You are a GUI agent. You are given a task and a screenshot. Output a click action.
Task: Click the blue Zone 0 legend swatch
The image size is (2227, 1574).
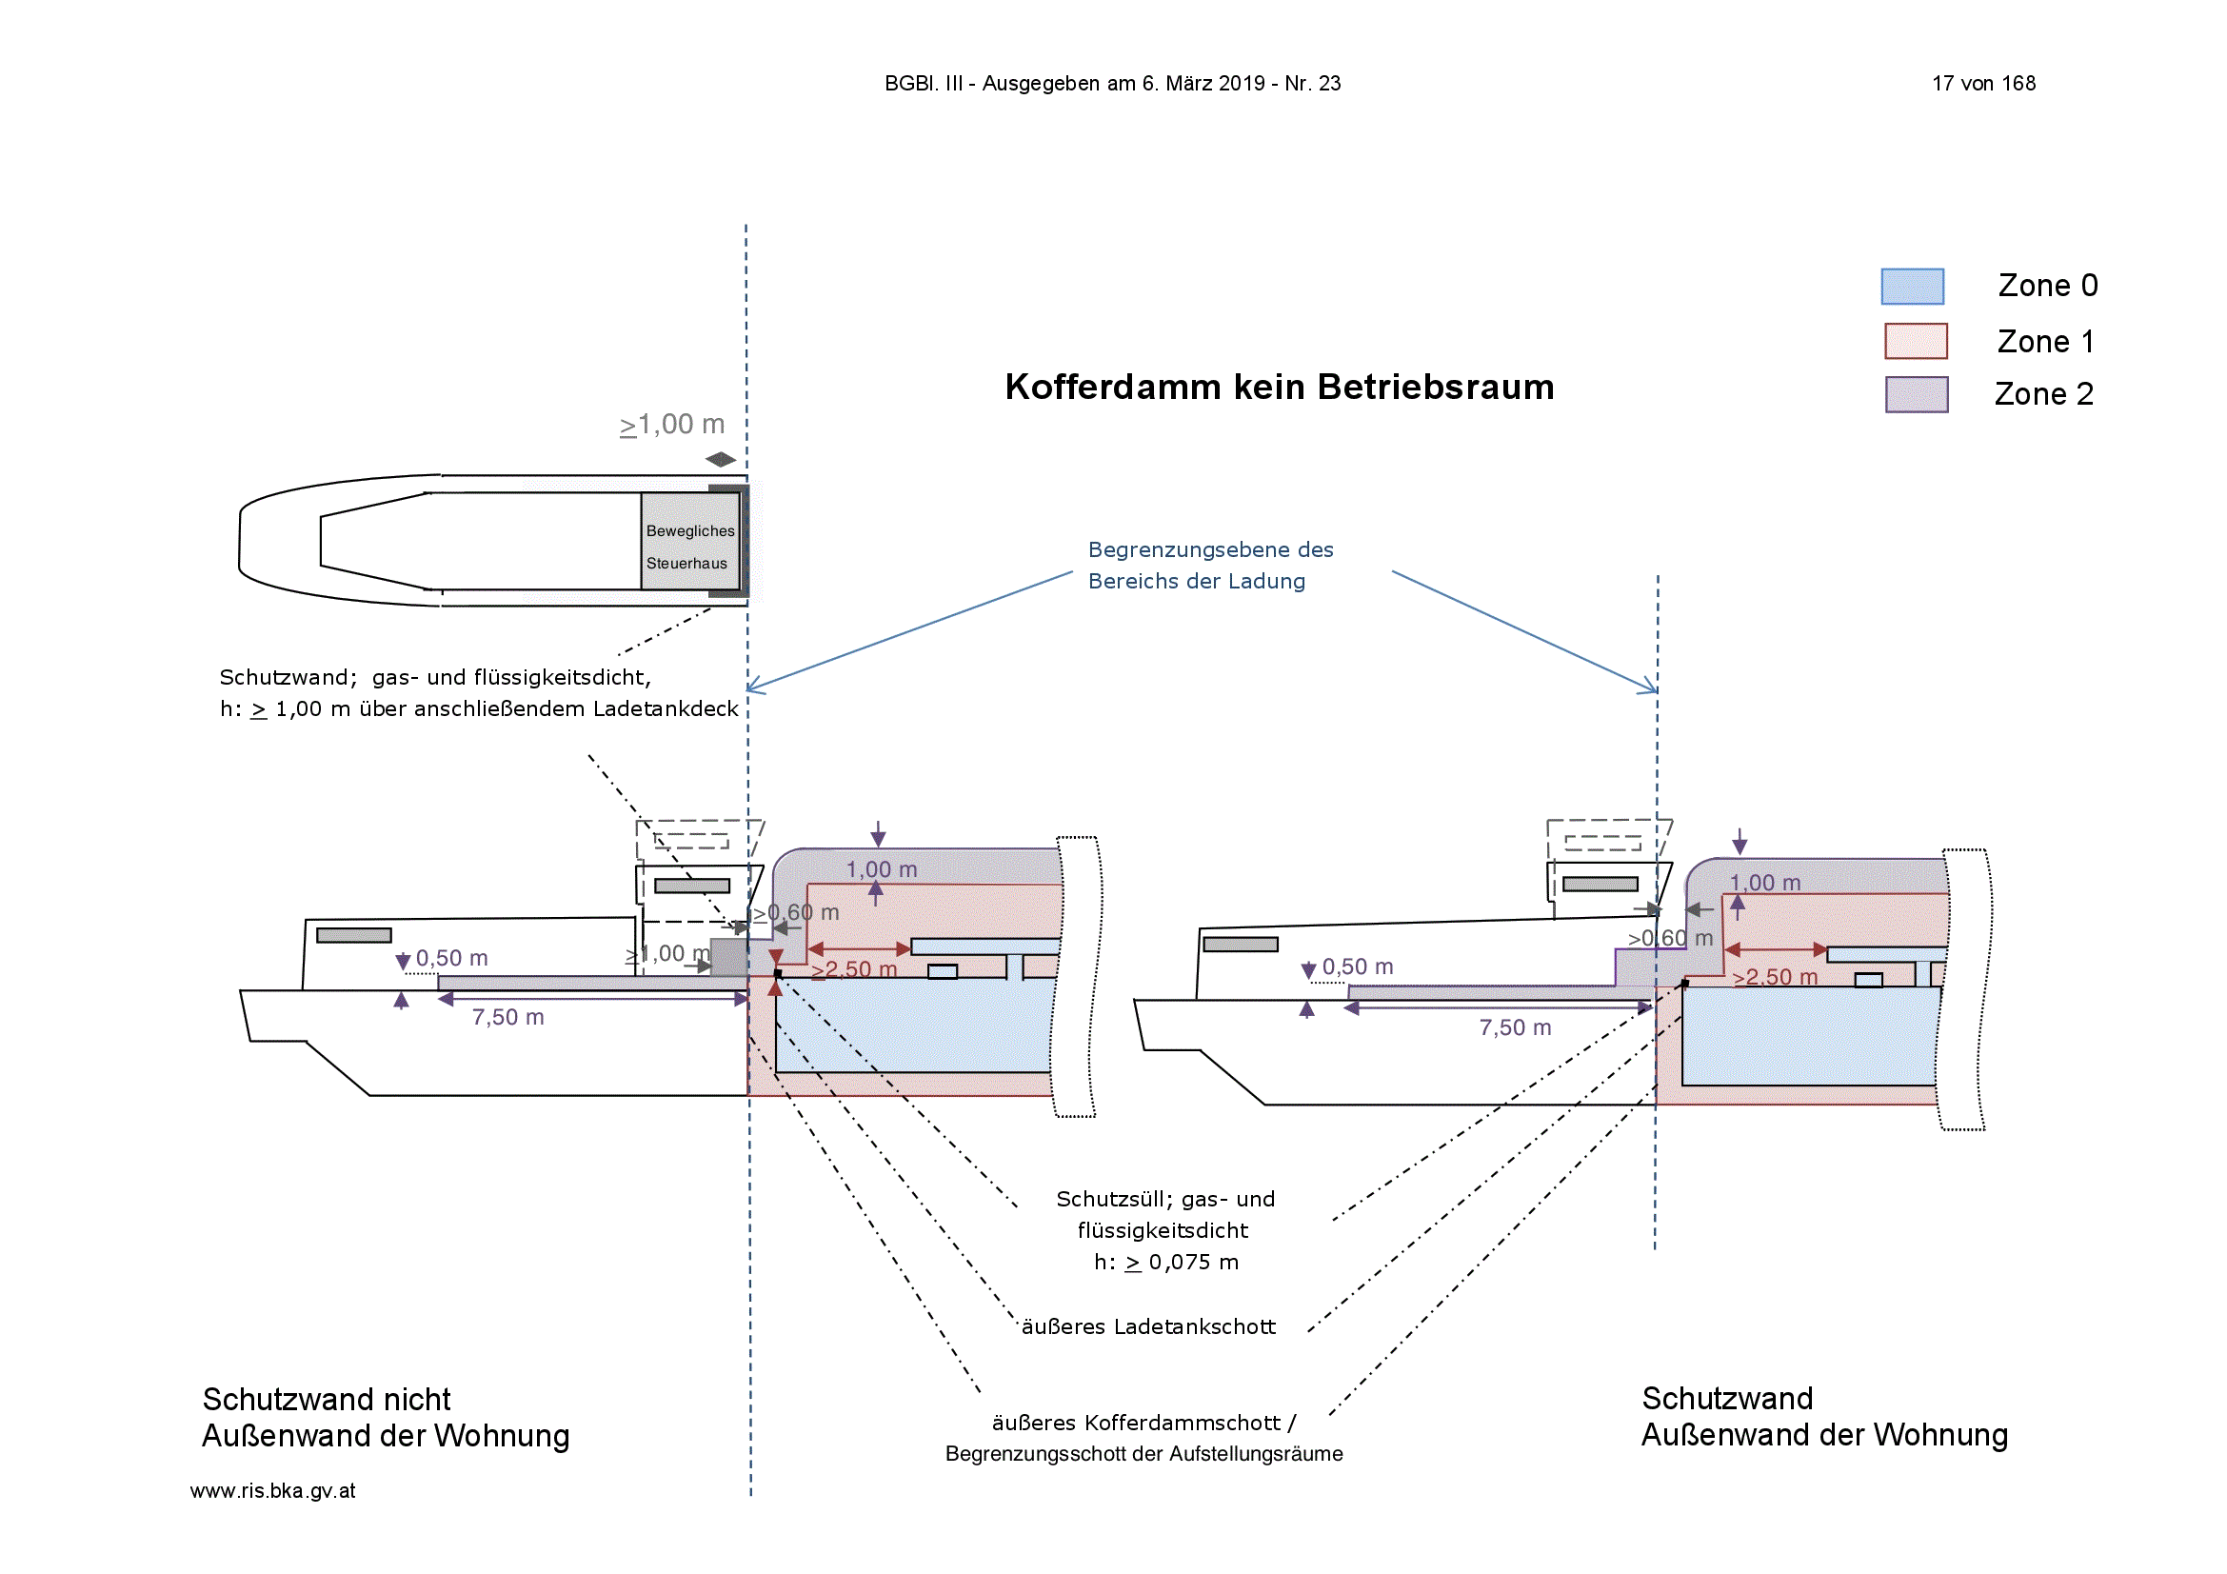[1912, 286]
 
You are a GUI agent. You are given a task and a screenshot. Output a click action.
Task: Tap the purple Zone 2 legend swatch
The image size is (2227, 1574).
[1917, 395]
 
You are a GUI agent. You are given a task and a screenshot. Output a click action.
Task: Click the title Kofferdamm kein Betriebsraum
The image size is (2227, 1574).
[1280, 387]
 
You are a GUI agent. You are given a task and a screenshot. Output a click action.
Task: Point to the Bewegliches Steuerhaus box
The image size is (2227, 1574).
[690, 541]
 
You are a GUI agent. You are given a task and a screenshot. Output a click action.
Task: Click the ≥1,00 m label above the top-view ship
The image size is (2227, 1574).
[672, 425]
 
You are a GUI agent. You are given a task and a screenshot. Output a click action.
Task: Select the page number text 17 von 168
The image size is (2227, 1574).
[1983, 84]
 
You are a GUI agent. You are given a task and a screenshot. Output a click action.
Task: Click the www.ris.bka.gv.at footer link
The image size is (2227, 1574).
[272, 1490]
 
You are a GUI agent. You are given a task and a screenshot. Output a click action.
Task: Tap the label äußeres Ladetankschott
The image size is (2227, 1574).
[1148, 1325]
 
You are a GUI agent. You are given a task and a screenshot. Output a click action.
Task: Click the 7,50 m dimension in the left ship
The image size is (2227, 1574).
[508, 1017]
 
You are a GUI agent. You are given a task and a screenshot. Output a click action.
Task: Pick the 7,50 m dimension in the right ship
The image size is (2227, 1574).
[1515, 1028]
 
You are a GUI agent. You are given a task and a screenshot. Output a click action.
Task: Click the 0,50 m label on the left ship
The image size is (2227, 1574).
[452, 958]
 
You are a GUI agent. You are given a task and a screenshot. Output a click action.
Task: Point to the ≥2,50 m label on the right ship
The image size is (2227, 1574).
[1775, 977]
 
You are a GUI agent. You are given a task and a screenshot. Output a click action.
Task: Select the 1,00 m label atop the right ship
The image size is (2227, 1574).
[1765, 883]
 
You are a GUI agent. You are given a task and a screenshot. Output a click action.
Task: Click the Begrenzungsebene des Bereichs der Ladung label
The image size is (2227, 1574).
[1210, 566]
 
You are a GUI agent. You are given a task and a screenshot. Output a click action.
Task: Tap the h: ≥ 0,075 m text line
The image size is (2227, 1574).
[1166, 1262]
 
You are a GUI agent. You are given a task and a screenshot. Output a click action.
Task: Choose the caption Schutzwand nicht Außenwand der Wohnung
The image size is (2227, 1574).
[385, 1417]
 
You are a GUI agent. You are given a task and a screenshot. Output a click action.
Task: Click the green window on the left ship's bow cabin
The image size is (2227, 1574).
[354, 935]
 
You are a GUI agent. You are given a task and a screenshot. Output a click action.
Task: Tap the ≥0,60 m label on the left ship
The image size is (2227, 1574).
[795, 912]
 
